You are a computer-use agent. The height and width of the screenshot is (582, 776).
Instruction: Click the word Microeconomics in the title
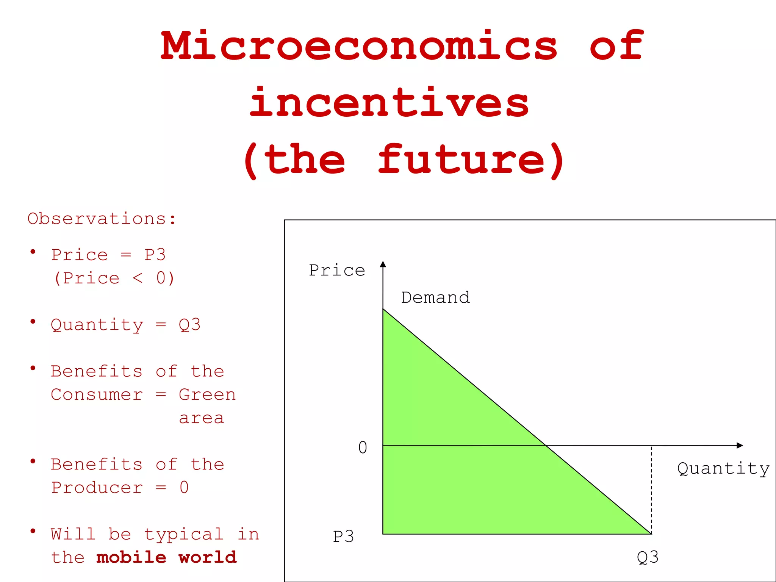358,45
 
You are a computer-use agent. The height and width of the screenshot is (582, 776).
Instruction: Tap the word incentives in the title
389,102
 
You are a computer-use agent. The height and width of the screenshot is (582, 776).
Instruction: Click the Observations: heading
102,219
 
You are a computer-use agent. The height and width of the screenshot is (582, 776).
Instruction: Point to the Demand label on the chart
435,297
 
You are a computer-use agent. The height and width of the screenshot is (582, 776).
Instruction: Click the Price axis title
337,270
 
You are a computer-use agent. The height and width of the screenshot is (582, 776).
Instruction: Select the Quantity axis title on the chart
723,469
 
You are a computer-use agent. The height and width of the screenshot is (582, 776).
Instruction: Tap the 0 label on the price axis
363,447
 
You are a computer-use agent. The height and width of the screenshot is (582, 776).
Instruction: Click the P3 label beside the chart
343,537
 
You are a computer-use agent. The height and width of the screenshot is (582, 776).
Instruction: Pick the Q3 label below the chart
648,557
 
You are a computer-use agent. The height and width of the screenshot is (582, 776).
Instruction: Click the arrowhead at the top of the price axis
383,264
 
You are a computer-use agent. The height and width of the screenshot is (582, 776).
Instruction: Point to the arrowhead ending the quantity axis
740,445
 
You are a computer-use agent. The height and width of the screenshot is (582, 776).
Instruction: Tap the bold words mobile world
166,557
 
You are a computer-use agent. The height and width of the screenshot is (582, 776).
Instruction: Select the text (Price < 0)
114,278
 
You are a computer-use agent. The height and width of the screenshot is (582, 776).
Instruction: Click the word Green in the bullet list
207,395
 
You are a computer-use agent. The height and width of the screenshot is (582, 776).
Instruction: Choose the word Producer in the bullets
97,488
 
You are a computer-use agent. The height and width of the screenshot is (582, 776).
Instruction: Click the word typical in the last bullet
184,534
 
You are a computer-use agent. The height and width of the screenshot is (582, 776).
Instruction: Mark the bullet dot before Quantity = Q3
33,322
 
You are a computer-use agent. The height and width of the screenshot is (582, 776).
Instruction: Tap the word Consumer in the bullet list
97,395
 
